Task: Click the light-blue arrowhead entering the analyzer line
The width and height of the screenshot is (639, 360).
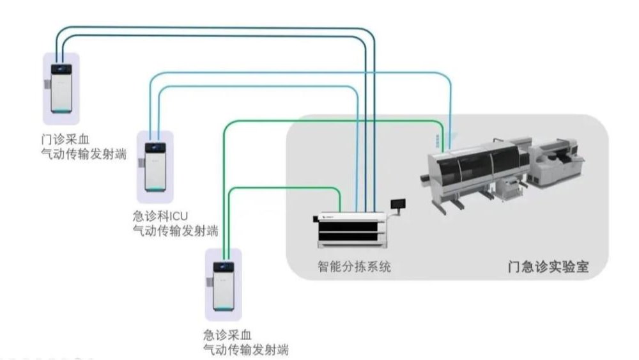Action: (451, 136)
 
